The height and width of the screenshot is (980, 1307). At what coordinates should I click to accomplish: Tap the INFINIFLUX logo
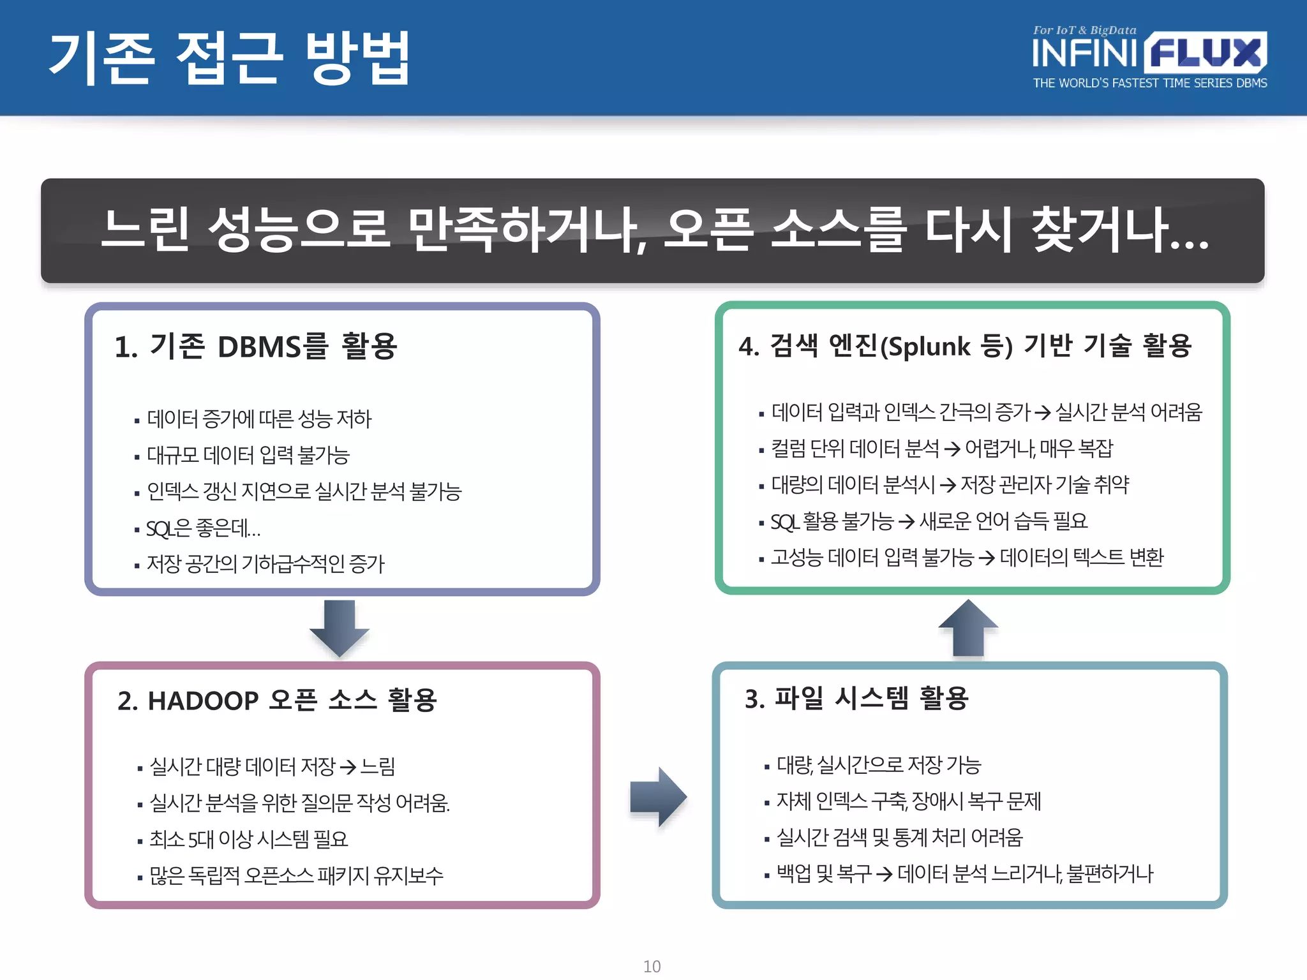tap(1149, 52)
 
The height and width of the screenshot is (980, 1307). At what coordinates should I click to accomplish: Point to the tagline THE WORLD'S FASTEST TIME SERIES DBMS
tap(1149, 83)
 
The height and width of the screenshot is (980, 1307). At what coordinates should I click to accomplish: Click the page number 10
tap(652, 966)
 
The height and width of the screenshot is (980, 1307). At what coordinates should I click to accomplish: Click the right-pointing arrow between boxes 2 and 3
tap(658, 797)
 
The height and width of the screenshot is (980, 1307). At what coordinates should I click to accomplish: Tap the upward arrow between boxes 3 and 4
tap(968, 628)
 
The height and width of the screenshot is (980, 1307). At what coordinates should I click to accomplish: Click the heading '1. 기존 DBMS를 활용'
tap(255, 347)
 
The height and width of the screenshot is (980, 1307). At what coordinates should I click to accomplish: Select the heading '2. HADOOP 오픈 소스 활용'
tap(277, 701)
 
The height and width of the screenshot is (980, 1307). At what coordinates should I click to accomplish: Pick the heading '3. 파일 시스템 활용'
tap(856, 699)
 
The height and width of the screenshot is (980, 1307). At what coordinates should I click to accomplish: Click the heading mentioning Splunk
tap(964, 346)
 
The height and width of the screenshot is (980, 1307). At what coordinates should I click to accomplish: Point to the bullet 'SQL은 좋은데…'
tap(203, 528)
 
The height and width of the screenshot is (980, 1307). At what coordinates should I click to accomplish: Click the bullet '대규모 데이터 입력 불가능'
tap(248, 455)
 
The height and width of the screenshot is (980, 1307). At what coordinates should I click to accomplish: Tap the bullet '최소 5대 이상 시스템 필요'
tap(248, 839)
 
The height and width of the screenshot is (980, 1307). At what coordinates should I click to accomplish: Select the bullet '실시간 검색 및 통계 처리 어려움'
tap(899, 837)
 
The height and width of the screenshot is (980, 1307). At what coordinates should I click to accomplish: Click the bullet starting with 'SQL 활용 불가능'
tap(929, 521)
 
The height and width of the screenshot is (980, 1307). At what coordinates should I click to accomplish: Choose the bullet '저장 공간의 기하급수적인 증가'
tap(265, 564)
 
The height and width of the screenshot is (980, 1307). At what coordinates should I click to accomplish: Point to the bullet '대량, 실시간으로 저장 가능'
tap(878, 764)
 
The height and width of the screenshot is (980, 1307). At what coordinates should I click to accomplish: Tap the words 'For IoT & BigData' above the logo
tap(1084, 30)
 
